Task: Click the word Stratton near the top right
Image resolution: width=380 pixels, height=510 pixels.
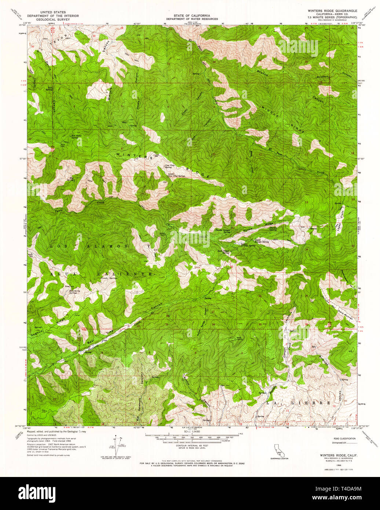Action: tap(322, 77)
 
